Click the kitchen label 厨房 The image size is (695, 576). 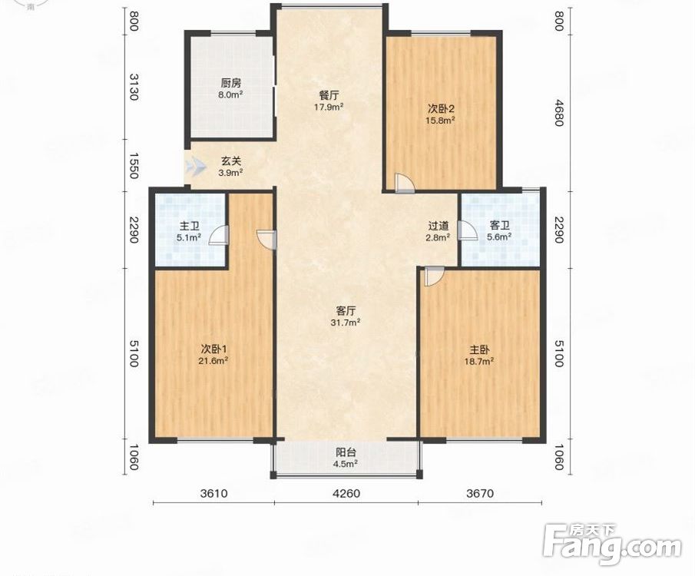click(231, 83)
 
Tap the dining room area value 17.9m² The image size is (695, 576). click(329, 107)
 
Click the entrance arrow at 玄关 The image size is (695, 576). click(196, 167)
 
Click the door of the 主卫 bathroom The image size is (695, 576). click(219, 236)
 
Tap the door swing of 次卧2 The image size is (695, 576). click(404, 183)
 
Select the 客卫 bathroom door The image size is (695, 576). click(465, 230)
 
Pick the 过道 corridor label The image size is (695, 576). click(438, 226)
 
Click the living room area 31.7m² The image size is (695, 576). click(346, 323)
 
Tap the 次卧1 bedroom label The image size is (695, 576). click(214, 349)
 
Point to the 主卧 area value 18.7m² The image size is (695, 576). click(479, 362)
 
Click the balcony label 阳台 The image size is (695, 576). click(346, 452)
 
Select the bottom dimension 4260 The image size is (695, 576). click(346, 493)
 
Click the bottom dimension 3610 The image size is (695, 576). click(213, 493)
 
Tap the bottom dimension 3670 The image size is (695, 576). click(479, 493)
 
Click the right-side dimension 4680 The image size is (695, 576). click(559, 113)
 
